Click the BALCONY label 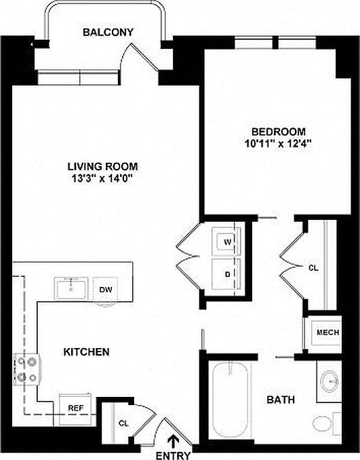tap(108, 32)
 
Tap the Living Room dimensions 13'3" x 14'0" tap(102, 178)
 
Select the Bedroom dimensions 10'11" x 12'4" tap(278, 143)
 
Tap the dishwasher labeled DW tap(105, 289)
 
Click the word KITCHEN tap(86, 352)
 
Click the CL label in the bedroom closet tap(313, 268)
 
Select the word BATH tap(281, 400)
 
